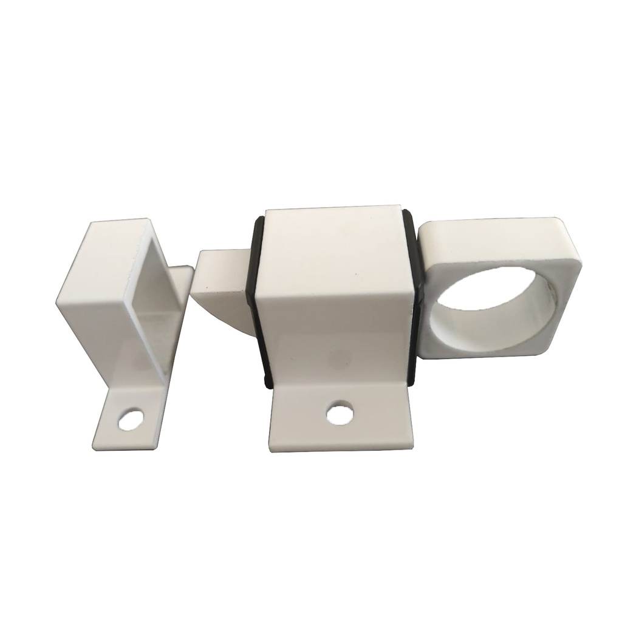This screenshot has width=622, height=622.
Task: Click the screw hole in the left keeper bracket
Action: click(x=131, y=420)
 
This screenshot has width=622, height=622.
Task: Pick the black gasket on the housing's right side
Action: click(x=415, y=298)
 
